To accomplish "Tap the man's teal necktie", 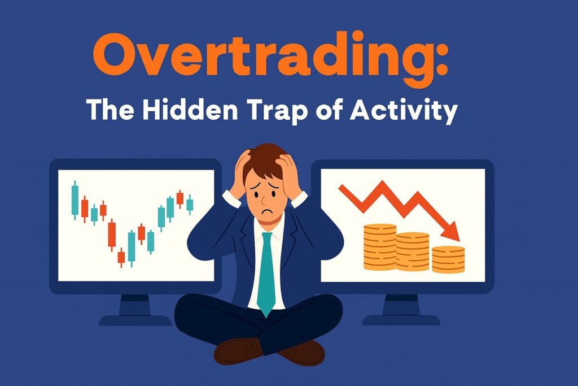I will pos(266,271).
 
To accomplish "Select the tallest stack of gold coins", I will pos(379,246).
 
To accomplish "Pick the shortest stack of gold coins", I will pos(448,259).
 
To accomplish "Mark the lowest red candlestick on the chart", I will pos(121,257).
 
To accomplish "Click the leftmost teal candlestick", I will pos(75,200).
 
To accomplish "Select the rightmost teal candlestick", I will pos(190,203).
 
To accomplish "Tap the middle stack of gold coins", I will pos(413,251).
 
